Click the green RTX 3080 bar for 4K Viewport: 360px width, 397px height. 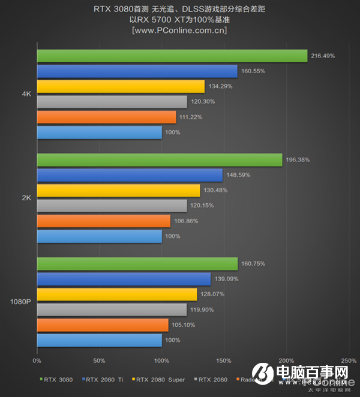pyautogui.click(x=172, y=56)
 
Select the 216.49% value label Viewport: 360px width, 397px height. pyautogui.click(x=323, y=56)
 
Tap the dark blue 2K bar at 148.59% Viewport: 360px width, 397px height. pyautogui.click(x=130, y=175)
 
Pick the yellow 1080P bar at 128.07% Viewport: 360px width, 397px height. pyautogui.click(x=117, y=294)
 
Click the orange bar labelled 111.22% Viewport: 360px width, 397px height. pyautogui.click(x=106, y=117)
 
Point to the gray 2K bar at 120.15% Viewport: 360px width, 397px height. pyautogui.click(x=112, y=206)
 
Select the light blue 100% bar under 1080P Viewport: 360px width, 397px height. pyautogui.click(x=99, y=341)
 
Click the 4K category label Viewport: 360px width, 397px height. pyautogui.click(x=26, y=94)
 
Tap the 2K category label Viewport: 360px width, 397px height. pyautogui.click(x=26, y=198)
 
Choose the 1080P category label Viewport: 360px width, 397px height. pyautogui.click(x=20, y=302)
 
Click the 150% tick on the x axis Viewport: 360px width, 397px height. pyautogui.click(x=224, y=360)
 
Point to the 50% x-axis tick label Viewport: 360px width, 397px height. pyautogui.click(x=99, y=360)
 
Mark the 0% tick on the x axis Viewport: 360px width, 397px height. pyautogui.click(x=37, y=360)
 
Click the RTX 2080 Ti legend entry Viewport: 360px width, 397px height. pyautogui.click(x=106, y=379)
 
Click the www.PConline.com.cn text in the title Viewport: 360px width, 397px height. pyautogui.click(x=179, y=31)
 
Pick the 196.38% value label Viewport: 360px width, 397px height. pyautogui.click(x=298, y=160)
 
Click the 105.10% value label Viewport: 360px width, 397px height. pyautogui.click(x=185, y=325)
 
